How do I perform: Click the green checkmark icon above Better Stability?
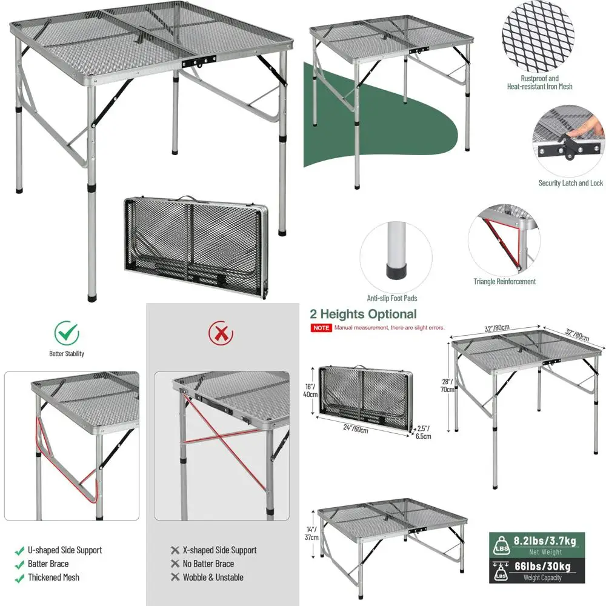67,332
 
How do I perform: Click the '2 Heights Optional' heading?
363,314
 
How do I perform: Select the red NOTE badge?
321,328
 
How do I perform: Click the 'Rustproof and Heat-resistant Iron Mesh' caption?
539,82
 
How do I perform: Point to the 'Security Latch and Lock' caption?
570,183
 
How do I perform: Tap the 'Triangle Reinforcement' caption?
504,281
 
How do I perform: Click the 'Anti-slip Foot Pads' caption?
391,298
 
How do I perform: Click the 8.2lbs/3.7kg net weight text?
545,541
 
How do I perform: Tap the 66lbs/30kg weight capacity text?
545,567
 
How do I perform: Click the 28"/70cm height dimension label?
447,385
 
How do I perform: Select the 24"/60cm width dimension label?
353,430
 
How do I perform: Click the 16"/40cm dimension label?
310,390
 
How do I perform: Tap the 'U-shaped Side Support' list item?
64,550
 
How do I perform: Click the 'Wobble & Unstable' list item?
213,578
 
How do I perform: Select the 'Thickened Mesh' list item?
53,578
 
